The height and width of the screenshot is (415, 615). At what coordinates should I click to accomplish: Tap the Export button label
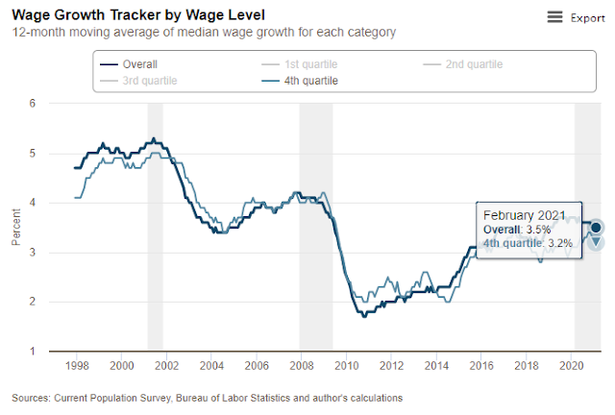(x=587, y=18)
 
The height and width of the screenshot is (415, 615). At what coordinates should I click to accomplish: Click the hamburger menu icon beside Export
(x=554, y=17)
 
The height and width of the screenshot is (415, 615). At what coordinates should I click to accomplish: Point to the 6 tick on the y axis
(x=33, y=103)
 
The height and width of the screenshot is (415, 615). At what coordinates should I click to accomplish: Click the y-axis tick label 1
(x=33, y=352)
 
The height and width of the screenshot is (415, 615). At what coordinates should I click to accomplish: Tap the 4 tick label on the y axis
(x=33, y=203)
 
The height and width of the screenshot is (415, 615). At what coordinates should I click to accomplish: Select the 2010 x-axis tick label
(x=346, y=366)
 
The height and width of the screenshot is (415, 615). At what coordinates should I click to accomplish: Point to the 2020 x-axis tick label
(x=572, y=366)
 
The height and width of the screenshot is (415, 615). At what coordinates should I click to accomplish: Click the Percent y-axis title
(x=14, y=228)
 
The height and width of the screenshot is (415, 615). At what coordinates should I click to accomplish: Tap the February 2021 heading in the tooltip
(x=525, y=215)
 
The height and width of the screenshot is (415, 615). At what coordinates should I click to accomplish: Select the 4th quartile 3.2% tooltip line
(x=528, y=244)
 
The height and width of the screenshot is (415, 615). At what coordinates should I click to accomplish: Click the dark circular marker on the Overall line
(x=596, y=227)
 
